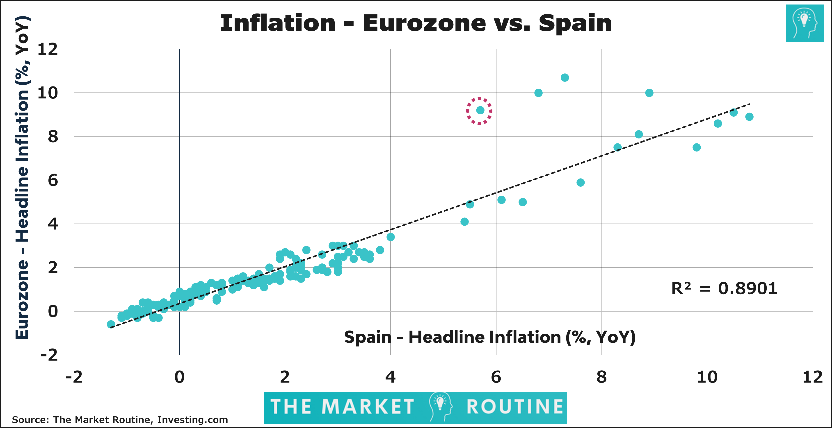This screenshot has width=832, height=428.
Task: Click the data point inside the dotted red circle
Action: pos(480,110)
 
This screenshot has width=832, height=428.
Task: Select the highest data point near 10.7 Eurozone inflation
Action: pos(565,77)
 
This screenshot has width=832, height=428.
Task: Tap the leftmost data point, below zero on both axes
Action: pos(111,324)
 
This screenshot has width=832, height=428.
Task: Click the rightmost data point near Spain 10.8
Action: pos(749,117)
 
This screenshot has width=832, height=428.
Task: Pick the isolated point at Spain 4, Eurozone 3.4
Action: pos(391,237)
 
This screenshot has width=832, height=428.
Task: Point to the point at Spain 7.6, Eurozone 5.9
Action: pos(581,182)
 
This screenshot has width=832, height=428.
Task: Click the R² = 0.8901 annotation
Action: pos(724,288)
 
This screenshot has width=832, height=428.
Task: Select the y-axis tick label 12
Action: pos(48,49)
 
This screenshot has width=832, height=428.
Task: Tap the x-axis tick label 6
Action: pos(496,377)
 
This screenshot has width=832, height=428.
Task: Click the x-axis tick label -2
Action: pos(74,377)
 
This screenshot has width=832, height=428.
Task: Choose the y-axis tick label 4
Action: pos(53,224)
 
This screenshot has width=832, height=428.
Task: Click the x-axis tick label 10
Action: pos(707,377)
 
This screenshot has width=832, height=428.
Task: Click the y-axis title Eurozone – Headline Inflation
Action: pos(23,177)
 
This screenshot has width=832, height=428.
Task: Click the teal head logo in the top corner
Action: pos(805,23)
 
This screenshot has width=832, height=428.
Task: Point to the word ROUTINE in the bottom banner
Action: pos(515,406)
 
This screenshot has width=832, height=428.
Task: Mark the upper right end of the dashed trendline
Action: pos(749,104)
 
